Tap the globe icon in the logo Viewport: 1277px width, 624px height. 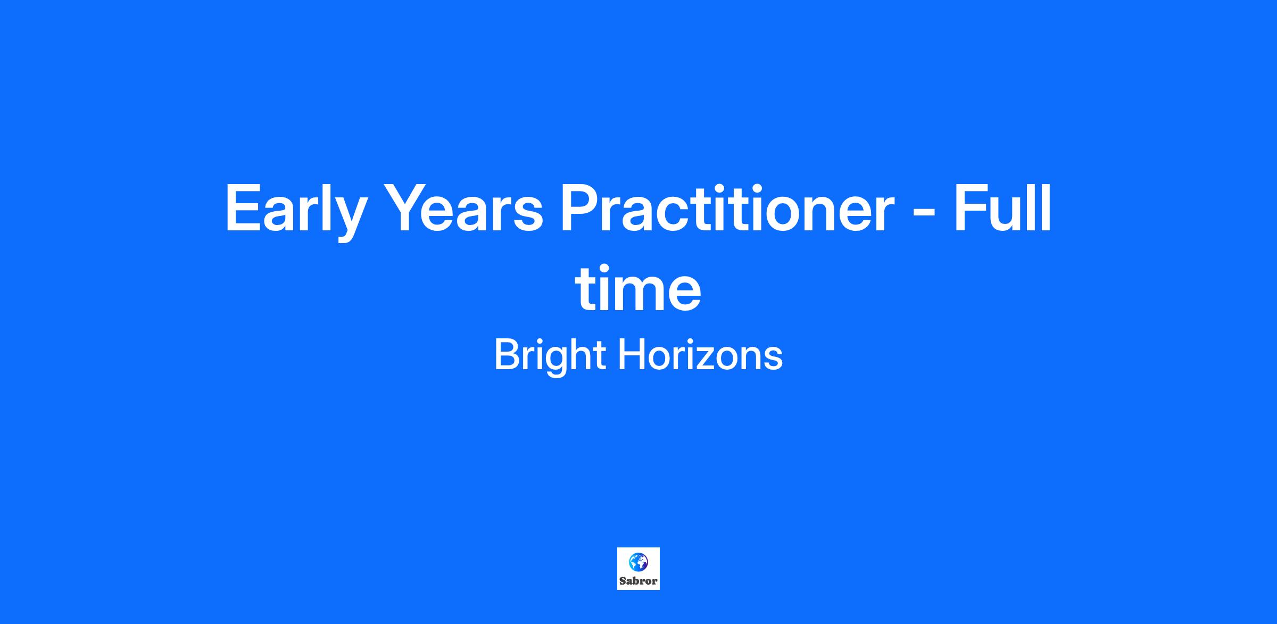tap(638, 562)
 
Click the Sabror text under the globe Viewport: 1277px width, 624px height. tap(638, 581)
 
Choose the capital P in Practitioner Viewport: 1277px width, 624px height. tap(581, 208)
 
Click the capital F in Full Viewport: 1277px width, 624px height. tap(970, 208)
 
